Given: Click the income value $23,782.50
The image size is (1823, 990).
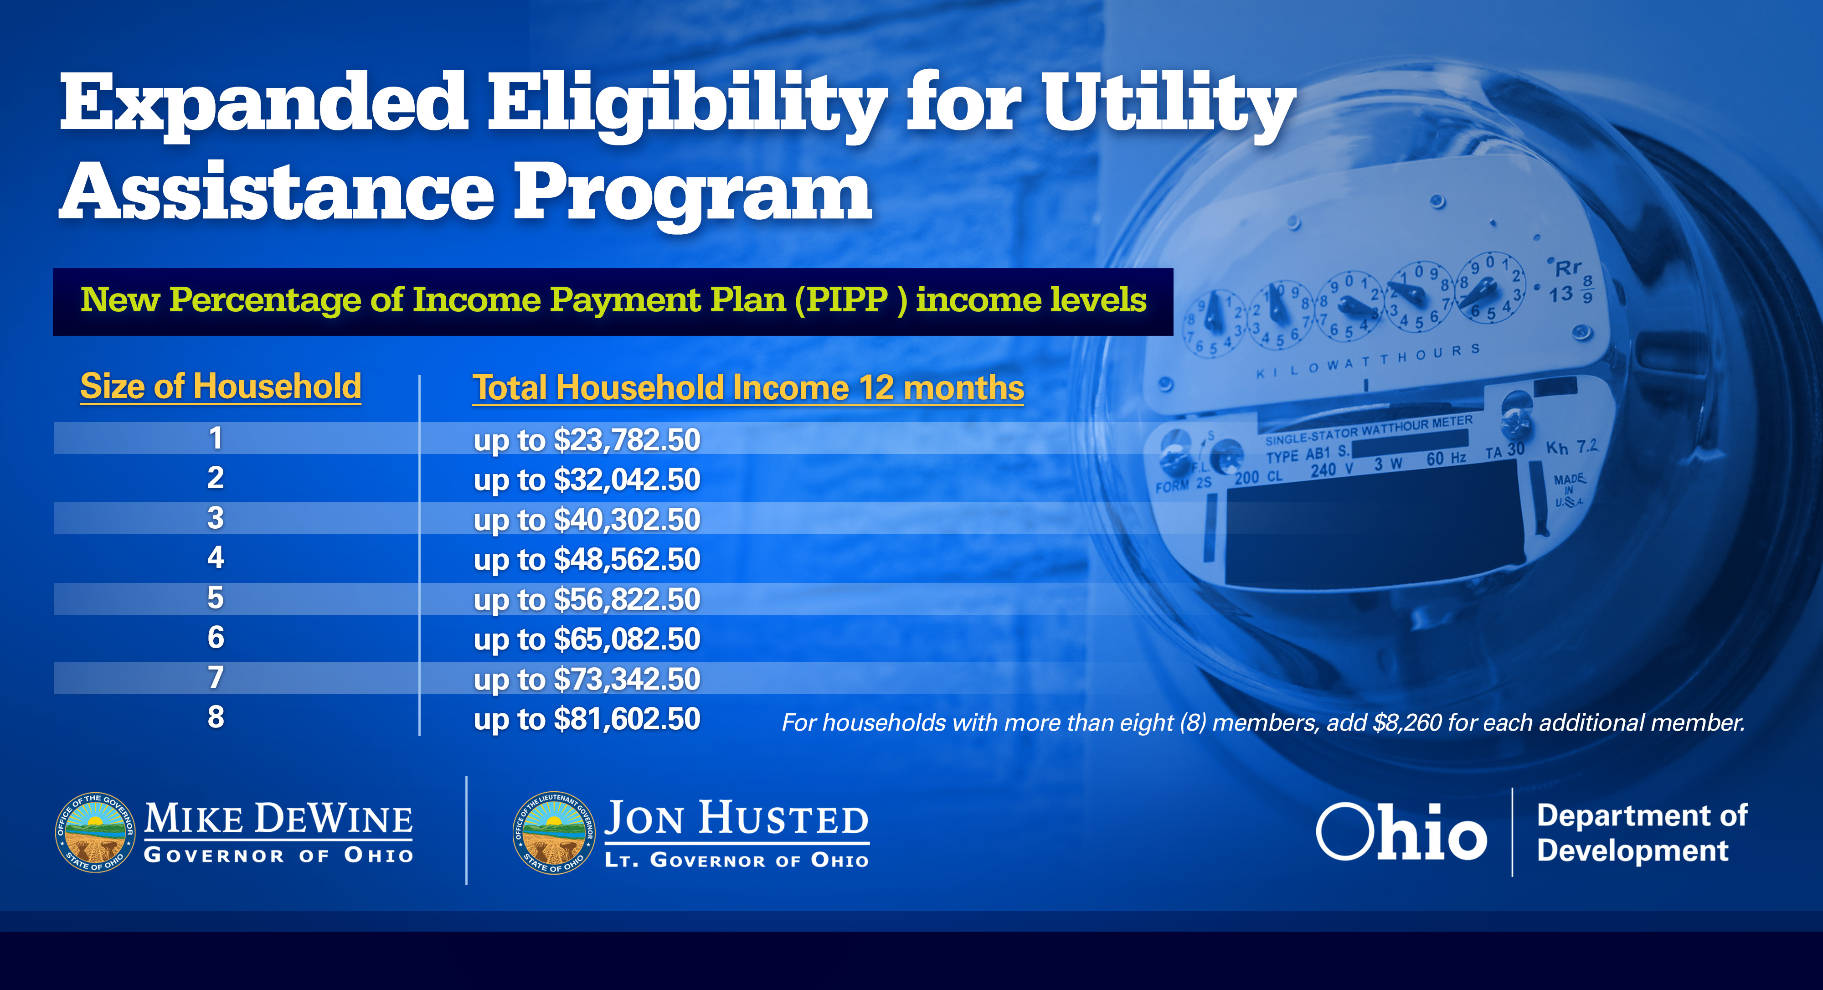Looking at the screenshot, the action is pyautogui.click(x=627, y=440).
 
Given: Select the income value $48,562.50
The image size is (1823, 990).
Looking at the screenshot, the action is pyautogui.click(x=627, y=560).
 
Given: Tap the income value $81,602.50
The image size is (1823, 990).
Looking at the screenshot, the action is pyautogui.click(x=627, y=719).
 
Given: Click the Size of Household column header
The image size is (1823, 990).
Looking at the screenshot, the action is pyautogui.click(x=221, y=387).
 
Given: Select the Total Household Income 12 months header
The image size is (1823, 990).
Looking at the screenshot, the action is pyautogui.click(x=748, y=388).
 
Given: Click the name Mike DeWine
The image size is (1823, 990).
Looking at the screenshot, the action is pyautogui.click(x=279, y=819).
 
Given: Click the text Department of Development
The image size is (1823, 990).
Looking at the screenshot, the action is pyautogui.click(x=1642, y=833).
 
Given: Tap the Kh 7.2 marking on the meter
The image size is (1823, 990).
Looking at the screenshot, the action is pyautogui.click(x=1572, y=447).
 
